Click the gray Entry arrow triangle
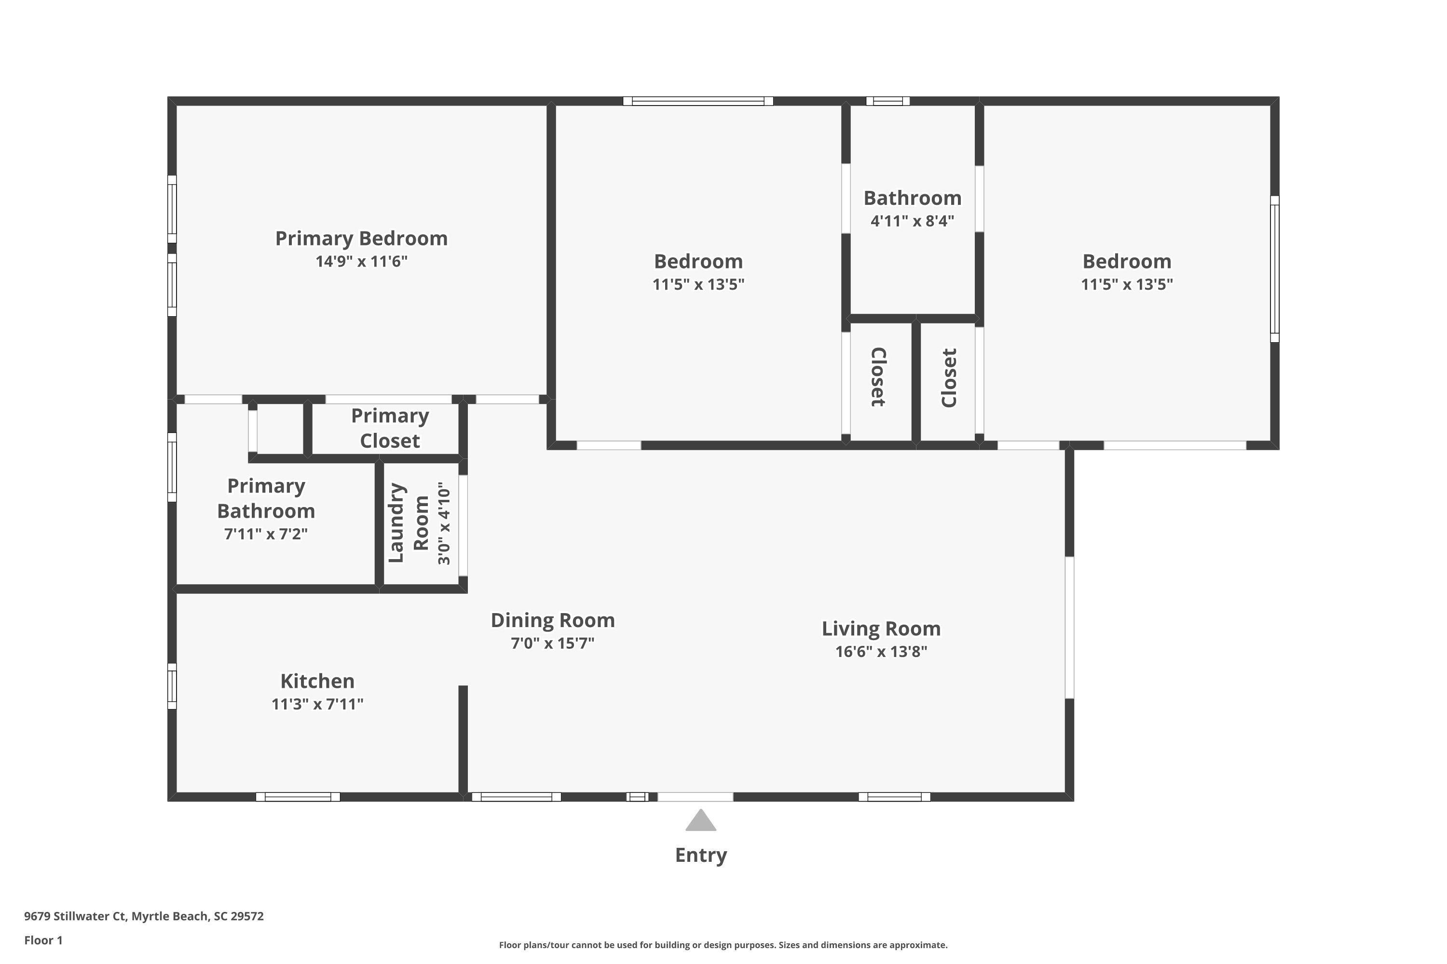[701, 821]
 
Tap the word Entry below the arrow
[701, 855]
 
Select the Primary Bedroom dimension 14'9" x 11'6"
[361, 261]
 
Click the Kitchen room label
[317, 681]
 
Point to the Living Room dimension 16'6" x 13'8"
[881, 651]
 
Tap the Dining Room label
[552, 620]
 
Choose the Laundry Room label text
[408, 523]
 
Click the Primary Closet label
[390, 428]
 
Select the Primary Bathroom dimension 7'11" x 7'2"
[266, 534]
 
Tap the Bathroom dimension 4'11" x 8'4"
[913, 221]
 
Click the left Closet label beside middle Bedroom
[878, 377]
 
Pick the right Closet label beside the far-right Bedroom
[949, 377]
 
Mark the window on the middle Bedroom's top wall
[698, 101]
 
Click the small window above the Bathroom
[888, 101]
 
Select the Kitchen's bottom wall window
[298, 797]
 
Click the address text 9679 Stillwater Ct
[75, 916]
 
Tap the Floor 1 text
[44, 940]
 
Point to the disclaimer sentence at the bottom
[723, 945]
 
